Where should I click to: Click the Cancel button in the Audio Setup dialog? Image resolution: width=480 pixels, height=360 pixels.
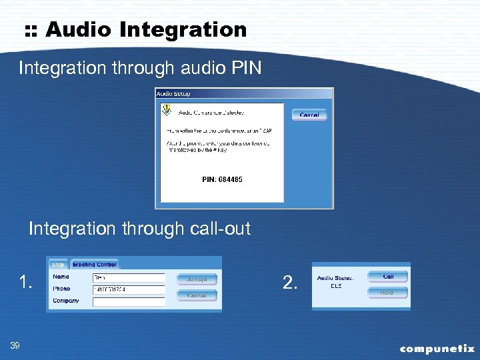click(x=309, y=115)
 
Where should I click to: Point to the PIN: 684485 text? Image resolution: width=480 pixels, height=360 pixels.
click(x=222, y=179)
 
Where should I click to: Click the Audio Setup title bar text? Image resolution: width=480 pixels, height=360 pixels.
click(x=173, y=94)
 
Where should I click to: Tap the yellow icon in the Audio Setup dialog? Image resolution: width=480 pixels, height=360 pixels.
click(x=167, y=109)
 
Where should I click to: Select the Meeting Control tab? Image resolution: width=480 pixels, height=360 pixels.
click(x=94, y=265)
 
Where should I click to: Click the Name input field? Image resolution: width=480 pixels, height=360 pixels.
click(x=128, y=277)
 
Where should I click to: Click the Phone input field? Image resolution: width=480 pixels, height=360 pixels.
click(x=128, y=289)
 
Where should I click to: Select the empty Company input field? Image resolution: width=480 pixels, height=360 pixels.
click(x=128, y=301)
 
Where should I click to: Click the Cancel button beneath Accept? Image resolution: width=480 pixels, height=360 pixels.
click(x=197, y=295)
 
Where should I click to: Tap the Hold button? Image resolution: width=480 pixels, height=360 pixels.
click(x=387, y=292)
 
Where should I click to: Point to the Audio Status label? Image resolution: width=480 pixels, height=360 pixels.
click(x=335, y=278)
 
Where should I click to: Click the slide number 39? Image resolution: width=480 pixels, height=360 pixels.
click(x=15, y=345)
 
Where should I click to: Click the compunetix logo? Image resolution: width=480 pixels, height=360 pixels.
click(x=437, y=348)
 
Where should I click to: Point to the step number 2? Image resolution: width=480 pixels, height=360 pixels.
click(x=290, y=283)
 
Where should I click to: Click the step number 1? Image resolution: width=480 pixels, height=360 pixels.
click(x=25, y=283)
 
